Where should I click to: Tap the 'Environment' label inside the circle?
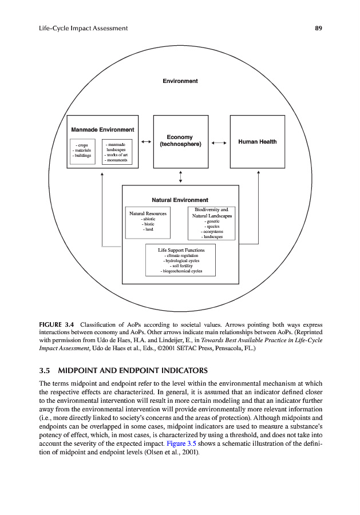pyautogui.click(x=180, y=81)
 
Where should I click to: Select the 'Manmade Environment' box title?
pyautogui.click(x=103, y=130)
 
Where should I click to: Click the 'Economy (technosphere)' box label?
pyautogui.click(x=180, y=141)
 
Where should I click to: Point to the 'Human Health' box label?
pyautogui.click(x=257, y=141)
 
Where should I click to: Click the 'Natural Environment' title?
pyautogui.click(x=180, y=200)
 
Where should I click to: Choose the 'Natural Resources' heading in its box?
pyautogui.click(x=148, y=213)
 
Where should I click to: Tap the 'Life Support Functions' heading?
pyautogui.click(x=181, y=250)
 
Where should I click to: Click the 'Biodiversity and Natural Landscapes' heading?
pyautogui.click(x=212, y=213)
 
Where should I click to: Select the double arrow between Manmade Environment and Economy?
pyautogui.click(x=146, y=141)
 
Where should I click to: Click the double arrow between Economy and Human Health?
pyautogui.click(x=218, y=141)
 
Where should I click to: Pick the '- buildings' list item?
pyautogui.click(x=81, y=155)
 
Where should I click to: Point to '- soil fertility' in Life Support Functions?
pyautogui.click(x=181, y=266)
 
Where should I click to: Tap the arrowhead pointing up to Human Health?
pyautogui.click(x=258, y=172)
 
